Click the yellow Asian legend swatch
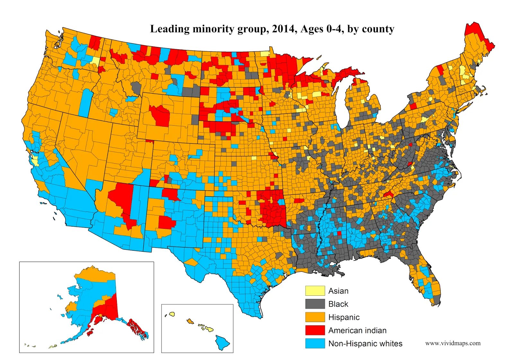click(315, 291)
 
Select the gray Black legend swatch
click(315, 304)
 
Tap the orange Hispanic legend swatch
click(315, 317)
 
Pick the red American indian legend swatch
click(315, 330)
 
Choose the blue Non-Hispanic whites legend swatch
click(315, 344)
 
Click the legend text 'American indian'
click(357, 330)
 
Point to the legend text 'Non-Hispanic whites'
click(365, 344)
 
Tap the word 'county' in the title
click(378, 29)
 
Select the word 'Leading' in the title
click(170, 29)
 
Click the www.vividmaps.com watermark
click(453, 343)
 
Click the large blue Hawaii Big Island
click(222, 343)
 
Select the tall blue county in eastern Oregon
click(85, 102)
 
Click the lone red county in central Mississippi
click(339, 233)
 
